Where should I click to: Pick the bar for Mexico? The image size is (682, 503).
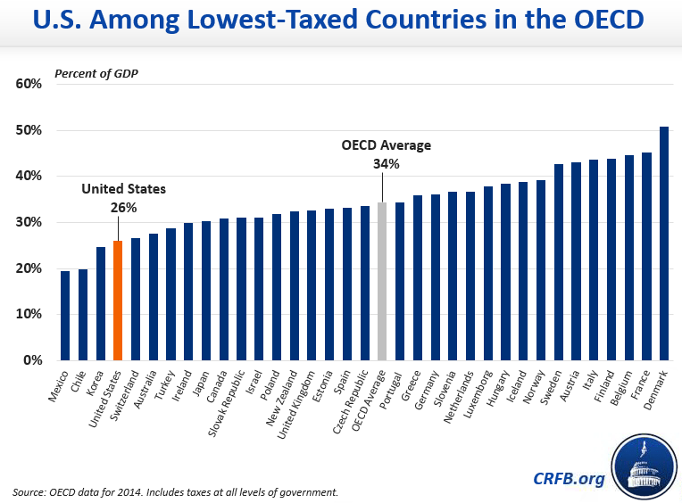pyautogui.click(x=65, y=316)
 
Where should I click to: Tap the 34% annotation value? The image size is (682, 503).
pyautogui.click(x=387, y=163)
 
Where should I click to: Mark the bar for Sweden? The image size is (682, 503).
pyautogui.click(x=559, y=262)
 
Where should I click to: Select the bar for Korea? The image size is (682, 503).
pyautogui.click(x=100, y=303)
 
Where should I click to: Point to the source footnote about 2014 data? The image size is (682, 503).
pyautogui.click(x=176, y=491)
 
